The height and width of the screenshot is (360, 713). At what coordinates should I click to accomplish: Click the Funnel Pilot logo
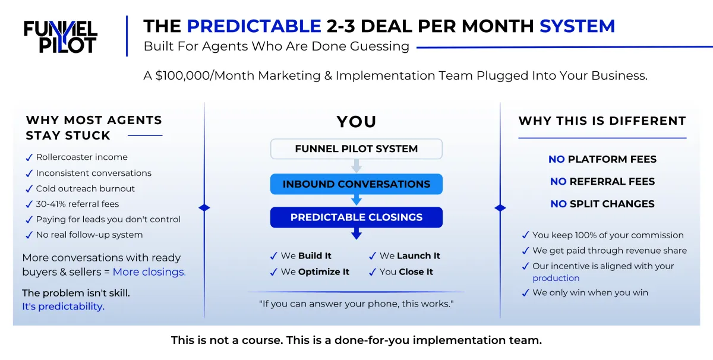click(61, 37)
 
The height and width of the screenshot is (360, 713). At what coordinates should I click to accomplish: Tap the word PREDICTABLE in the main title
click(254, 26)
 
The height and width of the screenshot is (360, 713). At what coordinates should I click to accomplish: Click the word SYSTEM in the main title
click(577, 26)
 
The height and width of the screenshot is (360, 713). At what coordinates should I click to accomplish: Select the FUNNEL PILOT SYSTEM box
click(356, 149)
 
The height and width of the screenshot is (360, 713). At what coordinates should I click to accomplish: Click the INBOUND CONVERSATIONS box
click(356, 184)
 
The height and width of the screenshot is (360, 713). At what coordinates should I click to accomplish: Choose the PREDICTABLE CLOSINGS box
click(356, 217)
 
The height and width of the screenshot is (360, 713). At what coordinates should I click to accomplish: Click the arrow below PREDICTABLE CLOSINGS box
click(356, 233)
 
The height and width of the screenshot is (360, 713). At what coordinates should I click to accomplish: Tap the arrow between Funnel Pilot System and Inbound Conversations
click(356, 166)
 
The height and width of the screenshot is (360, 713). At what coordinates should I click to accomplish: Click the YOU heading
click(356, 122)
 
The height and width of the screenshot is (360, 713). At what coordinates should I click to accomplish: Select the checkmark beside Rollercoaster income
click(29, 157)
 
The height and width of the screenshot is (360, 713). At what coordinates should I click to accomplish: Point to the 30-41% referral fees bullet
click(77, 204)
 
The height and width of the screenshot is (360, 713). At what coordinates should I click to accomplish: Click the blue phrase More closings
click(149, 272)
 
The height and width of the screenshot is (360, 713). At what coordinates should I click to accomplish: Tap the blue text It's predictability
click(63, 306)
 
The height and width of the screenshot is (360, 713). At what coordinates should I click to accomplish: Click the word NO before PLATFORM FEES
click(556, 159)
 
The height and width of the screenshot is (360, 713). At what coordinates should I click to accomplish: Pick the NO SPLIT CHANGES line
click(602, 204)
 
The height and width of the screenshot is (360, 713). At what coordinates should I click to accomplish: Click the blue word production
click(556, 278)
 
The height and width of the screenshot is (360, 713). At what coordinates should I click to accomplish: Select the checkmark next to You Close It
click(373, 273)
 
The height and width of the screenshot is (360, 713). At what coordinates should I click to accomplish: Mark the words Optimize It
click(323, 272)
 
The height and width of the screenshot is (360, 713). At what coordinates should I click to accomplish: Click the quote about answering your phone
click(356, 304)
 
